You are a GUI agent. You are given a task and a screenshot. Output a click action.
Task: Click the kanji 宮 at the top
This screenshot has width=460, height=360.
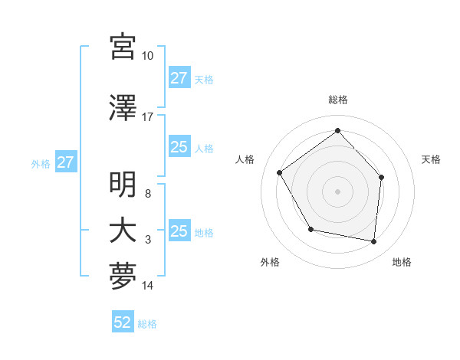coord(123,47)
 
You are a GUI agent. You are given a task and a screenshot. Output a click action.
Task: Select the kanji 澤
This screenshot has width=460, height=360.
coord(123,108)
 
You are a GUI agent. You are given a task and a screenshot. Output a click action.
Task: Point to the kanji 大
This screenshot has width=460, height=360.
coord(123,231)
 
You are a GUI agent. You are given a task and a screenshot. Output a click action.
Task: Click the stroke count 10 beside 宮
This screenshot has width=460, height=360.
coord(148,56)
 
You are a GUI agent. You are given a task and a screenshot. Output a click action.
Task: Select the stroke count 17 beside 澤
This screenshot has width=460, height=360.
coord(148,117)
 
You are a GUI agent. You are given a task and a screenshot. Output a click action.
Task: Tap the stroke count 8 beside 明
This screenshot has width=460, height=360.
coord(148,194)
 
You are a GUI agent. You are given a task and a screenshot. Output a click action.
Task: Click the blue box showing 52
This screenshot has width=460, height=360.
coord(123,322)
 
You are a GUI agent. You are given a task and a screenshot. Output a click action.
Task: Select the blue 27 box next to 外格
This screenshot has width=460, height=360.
coord(65,162)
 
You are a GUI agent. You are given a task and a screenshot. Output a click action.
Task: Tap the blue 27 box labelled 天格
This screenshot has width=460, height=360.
coord(179,78)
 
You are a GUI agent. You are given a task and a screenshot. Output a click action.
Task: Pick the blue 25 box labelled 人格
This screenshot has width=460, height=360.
coord(179,147)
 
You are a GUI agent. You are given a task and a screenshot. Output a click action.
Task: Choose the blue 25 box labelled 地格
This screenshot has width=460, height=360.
coord(179,231)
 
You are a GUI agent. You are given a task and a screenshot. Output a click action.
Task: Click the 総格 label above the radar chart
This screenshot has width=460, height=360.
coord(337,100)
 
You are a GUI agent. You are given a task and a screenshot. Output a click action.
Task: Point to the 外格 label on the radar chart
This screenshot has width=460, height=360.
coord(270,263)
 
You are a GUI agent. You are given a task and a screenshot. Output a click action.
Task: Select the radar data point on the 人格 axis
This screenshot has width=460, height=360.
coord(280,173)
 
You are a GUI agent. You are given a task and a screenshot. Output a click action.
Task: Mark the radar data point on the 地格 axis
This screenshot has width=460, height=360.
coord(374,242)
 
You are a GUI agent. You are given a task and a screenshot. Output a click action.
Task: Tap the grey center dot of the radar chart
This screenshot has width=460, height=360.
coord(337,191)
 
